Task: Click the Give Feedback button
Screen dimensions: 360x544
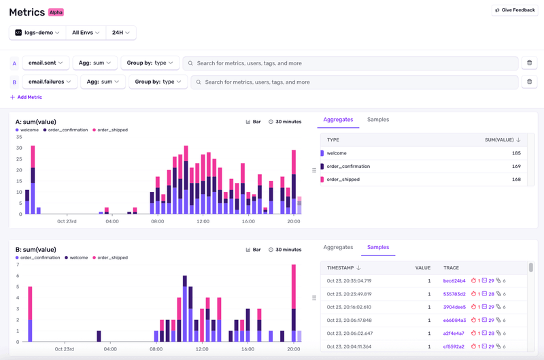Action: (515, 10)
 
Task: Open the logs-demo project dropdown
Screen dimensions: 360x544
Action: (38, 33)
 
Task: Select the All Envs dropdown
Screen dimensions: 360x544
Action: (86, 33)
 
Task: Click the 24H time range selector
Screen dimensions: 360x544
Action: (121, 33)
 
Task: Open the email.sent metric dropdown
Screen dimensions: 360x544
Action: (46, 63)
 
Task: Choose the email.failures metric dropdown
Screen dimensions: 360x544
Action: (49, 82)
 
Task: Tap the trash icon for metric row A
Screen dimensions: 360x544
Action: (529, 63)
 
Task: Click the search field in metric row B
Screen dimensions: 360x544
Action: (354, 82)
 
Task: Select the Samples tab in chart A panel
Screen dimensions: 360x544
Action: (378, 120)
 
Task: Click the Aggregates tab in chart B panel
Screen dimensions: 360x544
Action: (338, 248)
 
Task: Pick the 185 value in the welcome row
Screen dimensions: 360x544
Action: (516, 154)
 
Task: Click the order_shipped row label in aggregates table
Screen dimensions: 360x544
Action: (343, 180)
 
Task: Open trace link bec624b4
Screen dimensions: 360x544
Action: (454, 281)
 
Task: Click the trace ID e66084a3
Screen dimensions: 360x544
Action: (454, 321)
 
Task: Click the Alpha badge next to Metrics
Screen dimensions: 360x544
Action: (56, 12)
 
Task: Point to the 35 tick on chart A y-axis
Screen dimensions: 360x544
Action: (19, 136)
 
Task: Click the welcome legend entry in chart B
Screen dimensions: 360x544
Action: (77, 258)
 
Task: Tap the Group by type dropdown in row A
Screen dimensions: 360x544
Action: (150, 63)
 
